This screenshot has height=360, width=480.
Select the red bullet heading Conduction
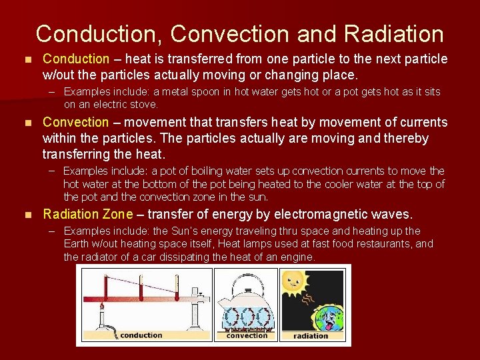(x=75, y=59)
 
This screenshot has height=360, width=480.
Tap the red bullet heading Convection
(x=75, y=122)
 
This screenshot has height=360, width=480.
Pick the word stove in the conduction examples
(x=145, y=104)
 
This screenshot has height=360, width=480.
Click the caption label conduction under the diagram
(x=141, y=335)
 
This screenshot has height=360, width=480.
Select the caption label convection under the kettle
(x=247, y=335)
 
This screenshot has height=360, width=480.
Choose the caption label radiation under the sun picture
(x=311, y=335)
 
